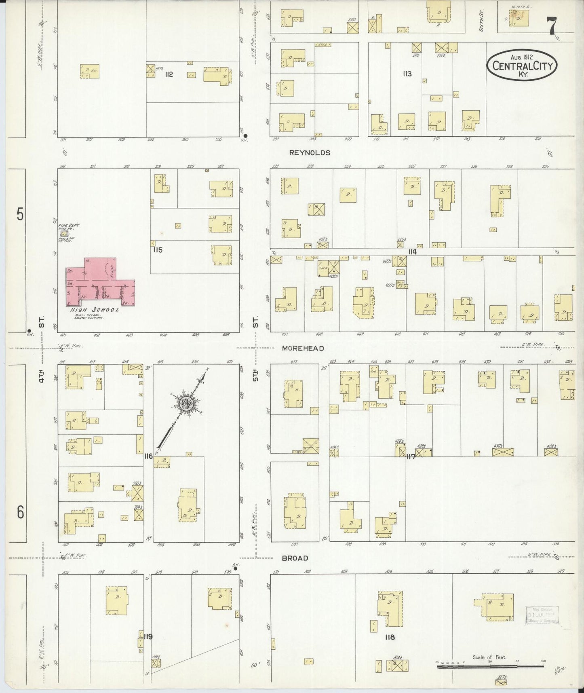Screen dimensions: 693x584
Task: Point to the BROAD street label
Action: click(x=295, y=558)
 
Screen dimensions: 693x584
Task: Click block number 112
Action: click(x=169, y=74)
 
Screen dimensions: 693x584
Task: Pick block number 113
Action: click(x=407, y=74)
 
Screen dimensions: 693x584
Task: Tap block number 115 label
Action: click(x=158, y=250)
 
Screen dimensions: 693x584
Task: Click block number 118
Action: click(x=390, y=637)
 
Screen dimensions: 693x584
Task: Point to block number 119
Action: click(x=148, y=637)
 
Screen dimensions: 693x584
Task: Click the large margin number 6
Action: click(x=20, y=512)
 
